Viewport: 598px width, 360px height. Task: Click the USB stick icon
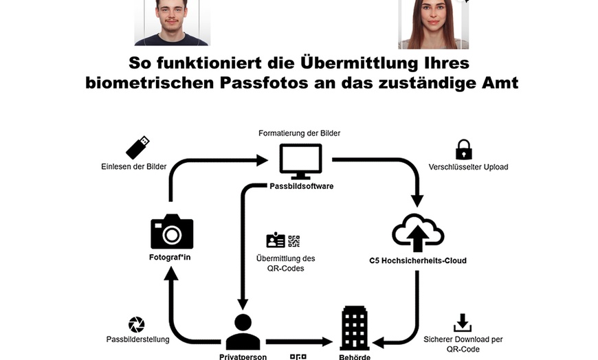point(137,148)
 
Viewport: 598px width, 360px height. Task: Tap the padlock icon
point(464,149)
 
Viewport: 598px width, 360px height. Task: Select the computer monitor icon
point(300,161)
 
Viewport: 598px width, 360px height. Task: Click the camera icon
point(172,232)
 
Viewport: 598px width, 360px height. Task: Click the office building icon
point(355,328)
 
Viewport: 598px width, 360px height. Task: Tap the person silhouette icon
point(243,332)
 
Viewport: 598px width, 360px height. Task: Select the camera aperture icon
point(137,324)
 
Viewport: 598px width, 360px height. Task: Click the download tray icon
point(463,322)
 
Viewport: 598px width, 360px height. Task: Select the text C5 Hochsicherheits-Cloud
point(418,260)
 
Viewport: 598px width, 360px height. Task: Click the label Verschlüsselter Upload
point(468,167)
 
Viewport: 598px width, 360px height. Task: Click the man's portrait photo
point(171,22)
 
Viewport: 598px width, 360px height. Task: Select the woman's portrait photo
point(433,23)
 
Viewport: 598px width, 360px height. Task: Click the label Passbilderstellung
point(137,339)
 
